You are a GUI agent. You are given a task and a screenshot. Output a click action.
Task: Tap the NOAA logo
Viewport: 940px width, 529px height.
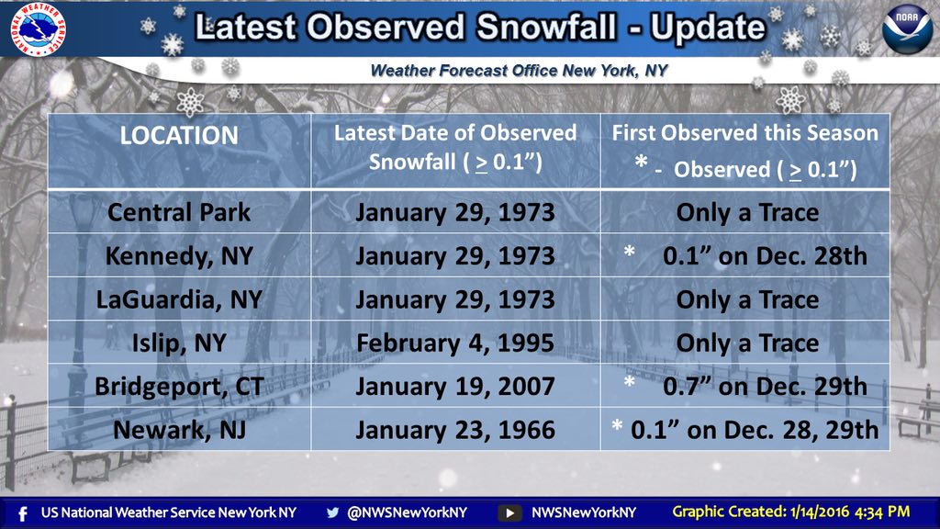pos(907,28)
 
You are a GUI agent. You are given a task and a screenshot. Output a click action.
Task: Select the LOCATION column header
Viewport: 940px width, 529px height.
pos(179,136)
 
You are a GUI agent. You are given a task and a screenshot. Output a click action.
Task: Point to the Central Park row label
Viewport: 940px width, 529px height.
pos(179,212)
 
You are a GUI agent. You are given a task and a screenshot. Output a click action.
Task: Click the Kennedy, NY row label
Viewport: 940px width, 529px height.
pos(179,256)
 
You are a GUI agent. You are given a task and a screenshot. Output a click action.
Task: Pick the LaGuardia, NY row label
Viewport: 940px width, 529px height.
pos(179,299)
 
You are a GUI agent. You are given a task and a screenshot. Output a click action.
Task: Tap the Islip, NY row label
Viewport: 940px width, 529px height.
pos(179,343)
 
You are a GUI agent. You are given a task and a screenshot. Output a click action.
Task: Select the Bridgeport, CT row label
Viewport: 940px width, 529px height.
pos(179,387)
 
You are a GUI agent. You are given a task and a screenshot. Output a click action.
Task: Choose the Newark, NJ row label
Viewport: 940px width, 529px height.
pos(179,430)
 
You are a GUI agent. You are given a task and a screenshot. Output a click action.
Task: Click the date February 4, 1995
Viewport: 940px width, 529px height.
pos(455,343)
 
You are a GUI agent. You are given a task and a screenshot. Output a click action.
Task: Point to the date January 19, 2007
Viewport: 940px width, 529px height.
pos(455,387)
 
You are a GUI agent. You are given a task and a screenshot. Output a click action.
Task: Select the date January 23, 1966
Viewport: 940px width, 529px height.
pos(455,430)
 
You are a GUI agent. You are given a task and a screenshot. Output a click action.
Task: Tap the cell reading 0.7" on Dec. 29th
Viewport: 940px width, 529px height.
pos(765,387)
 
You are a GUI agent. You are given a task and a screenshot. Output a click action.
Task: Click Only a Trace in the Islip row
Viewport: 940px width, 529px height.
pos(747,343)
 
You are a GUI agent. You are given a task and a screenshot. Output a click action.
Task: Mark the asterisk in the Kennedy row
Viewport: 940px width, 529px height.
pos(630,252)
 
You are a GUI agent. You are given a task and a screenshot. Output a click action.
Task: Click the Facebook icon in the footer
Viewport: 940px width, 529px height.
pos(23,514)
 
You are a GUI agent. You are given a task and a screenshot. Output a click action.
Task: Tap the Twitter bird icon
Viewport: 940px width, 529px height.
pos(332,512)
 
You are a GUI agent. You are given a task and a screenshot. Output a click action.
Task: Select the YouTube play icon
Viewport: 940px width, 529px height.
pos(509,513)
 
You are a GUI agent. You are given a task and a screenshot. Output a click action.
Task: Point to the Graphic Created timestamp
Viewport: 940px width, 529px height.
pos(790,512)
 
